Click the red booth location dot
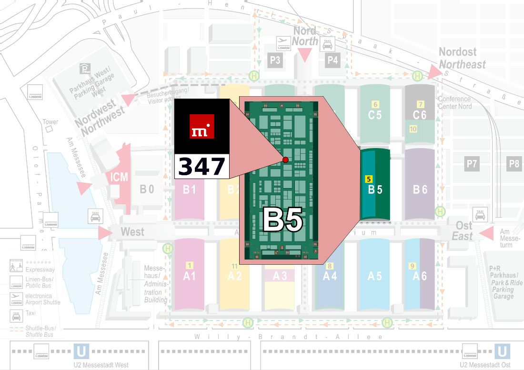point(285,160)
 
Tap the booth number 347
point(202,167)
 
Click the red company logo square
point(202,126)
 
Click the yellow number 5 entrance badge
point(368,179)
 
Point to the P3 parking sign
point(275,60)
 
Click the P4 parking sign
point(333,60)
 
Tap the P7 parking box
point(472,164)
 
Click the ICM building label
point(119,178)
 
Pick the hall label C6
point(420,115)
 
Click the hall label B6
point(420,190)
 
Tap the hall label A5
point(374,276)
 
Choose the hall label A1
point(189,276)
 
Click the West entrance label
point(132,232)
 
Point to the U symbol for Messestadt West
point(81,352)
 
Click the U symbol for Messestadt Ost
point(502,352)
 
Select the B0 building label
point(147,190)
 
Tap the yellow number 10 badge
point(413,129)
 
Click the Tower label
point(50,122)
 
